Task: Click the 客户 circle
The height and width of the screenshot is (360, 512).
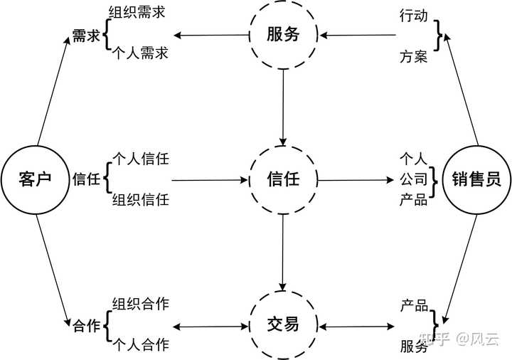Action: coord(35,179)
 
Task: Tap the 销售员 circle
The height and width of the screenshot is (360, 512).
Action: coord(476,179)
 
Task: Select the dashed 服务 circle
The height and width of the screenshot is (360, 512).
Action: coord(283,35)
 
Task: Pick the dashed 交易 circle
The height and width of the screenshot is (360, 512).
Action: coord(283,327)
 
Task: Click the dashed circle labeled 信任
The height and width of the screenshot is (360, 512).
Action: coord(283,179)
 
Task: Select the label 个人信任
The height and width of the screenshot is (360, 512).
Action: coord(140,158)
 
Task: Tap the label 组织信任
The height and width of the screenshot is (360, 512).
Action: coord(140,200)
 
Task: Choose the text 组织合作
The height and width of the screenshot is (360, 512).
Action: coord(140,304)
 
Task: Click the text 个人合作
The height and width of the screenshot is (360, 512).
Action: coord(140,346)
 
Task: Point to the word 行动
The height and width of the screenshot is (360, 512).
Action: coord(414,15)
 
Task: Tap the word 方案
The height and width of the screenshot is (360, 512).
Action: coord(414,56)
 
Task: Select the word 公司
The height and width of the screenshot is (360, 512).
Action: coord(414,179)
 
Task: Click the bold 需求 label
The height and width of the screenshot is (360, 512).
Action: coord(86,36)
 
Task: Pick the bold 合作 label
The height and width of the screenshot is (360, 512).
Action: coord(86,327)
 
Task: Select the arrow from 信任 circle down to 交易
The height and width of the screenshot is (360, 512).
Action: coord(283,253)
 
